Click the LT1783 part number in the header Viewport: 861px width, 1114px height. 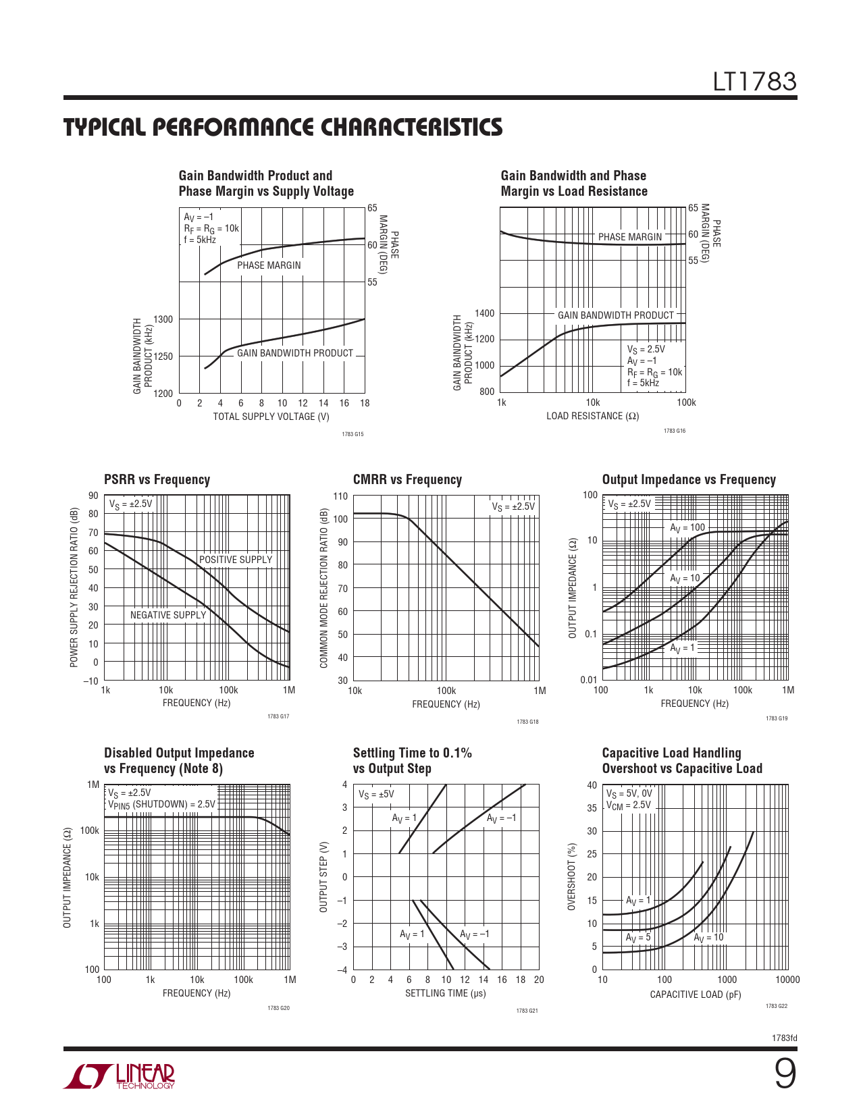point(755,82)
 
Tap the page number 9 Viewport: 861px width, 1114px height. point(785,1074)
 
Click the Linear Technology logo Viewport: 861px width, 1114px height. point(120,1076)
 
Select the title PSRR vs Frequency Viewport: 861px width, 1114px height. point(157,480)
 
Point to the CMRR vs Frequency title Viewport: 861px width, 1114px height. point(407,480)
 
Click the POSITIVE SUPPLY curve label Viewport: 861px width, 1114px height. point(236,560)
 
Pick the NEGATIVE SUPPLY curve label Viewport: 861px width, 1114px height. point(168,615)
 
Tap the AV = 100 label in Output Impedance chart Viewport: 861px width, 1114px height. point(687,528)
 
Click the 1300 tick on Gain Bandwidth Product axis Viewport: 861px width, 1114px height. point(163,319)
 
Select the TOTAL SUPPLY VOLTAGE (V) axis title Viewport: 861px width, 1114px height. point(271,417)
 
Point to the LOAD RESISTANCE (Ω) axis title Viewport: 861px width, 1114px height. point(592,416)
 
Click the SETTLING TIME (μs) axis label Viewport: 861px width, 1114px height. point(445,993)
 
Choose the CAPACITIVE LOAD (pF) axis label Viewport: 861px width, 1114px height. point(695,994)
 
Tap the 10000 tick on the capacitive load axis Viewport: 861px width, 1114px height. point(787,980)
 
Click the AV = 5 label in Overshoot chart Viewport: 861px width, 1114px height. point(638,938)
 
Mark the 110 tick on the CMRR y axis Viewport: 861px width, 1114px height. point(340,496)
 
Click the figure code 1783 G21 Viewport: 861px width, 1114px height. point(527,1011)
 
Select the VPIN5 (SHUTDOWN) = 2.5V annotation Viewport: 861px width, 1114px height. point(161,805)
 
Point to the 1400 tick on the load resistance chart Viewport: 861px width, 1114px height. point(485,313)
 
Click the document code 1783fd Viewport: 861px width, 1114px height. point(784,1038)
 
